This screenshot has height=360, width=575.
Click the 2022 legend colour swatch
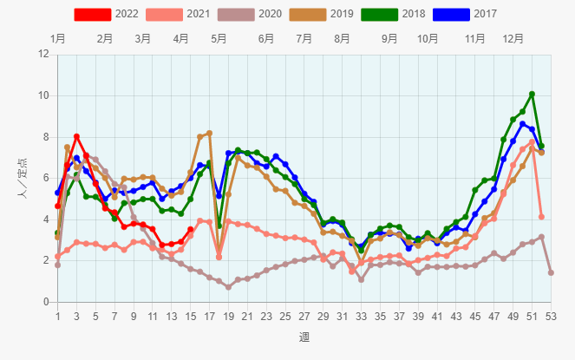[92, 14]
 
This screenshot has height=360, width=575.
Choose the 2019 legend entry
[330, 14]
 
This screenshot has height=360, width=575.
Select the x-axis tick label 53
[551, 316]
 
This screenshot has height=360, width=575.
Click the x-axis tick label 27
[304, 316]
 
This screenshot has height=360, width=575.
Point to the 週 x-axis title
[304, 337]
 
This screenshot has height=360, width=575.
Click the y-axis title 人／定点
[21, 178]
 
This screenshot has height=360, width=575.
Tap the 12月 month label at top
[513, 39]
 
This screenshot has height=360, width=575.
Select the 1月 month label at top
[58, 39]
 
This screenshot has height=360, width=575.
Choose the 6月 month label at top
[266, 39]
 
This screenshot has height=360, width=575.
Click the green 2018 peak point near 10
[532, 94]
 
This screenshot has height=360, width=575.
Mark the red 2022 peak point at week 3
[77, 136]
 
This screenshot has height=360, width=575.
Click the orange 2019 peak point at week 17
[209, 133]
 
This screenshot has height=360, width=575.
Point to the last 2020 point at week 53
[551, 272]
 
